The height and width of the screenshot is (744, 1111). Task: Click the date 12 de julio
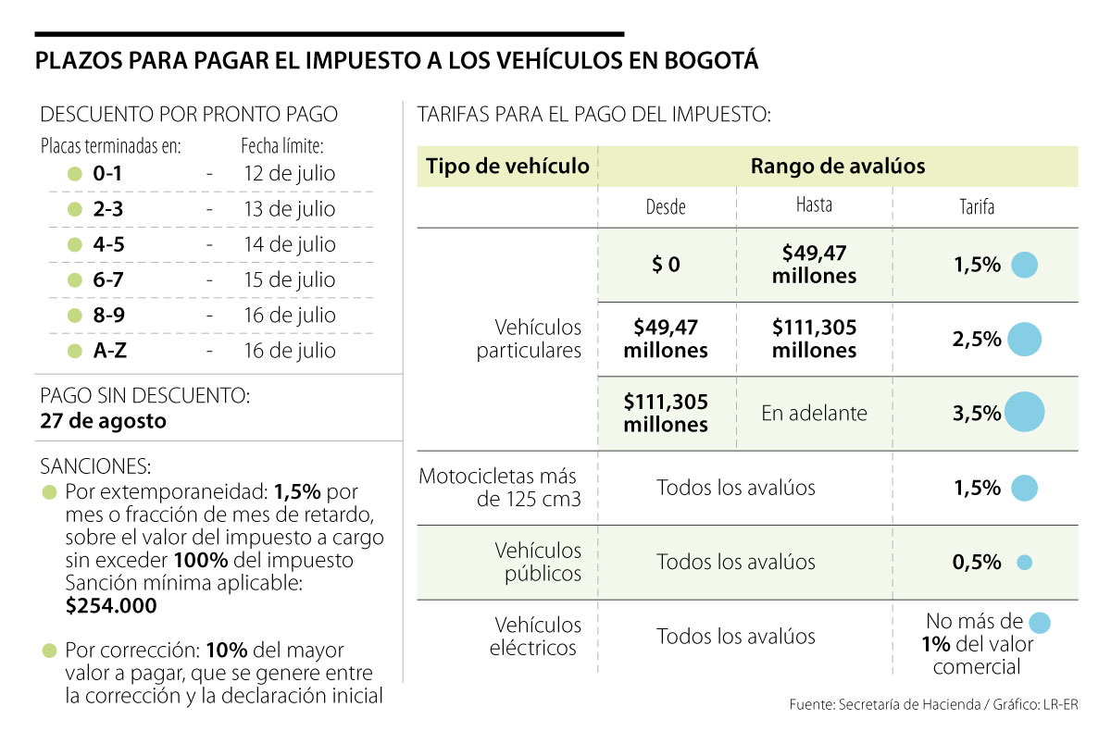coord(289,173)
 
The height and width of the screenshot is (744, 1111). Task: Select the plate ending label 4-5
coord(108,244)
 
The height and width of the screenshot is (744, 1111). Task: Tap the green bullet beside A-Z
coord(75,351)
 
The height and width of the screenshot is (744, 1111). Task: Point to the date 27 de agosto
coord(104,421)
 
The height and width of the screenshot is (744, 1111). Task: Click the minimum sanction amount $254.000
coord(112,605)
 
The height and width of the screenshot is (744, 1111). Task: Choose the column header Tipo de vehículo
coord(507,166)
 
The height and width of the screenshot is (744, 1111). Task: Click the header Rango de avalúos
coord(837,166)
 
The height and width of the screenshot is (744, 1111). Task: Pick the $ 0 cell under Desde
coord(665,265)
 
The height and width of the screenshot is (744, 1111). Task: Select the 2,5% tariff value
coord(977,340)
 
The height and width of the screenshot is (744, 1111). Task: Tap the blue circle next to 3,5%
coord(1024,413)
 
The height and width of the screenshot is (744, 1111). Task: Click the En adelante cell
coord(814,414)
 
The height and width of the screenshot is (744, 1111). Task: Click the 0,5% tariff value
coord(977,562)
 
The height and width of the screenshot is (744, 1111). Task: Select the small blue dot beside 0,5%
coord(1024,562)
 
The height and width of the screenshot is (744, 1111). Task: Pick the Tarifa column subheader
coord(976,207)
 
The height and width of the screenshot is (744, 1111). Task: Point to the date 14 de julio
coord(289,244)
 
